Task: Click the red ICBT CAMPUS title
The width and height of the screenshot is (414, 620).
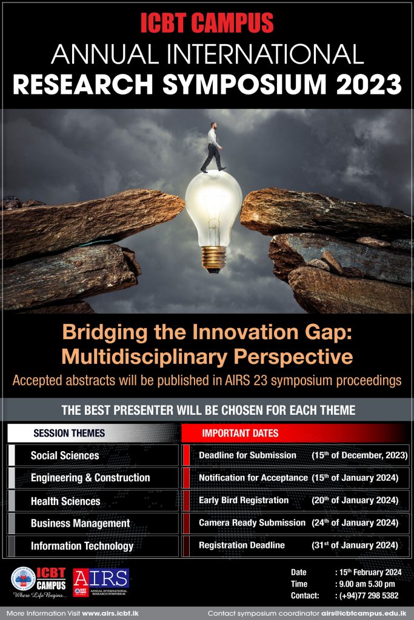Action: coord(207,23)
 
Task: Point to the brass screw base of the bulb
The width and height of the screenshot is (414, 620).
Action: coord(213,257)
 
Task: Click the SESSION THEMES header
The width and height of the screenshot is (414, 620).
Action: coord(69,433)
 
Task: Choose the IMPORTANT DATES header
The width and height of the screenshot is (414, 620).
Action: coord(240,433)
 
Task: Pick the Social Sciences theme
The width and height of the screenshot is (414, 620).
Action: coord(65,455)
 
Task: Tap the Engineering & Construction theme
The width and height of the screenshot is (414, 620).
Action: coord(90,478)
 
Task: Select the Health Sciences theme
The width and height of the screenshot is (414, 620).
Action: coord(65,501)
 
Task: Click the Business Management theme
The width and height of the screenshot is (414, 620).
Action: coord(80,523)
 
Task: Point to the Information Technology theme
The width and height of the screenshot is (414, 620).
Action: coord(82,546)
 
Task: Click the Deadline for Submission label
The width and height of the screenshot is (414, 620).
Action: coord(247,455)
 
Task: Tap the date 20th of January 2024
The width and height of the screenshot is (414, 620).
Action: coord(355,500)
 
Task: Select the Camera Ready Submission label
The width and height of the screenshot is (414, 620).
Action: coord(252,523)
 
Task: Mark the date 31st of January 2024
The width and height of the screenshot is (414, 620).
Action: coord(355,545)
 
